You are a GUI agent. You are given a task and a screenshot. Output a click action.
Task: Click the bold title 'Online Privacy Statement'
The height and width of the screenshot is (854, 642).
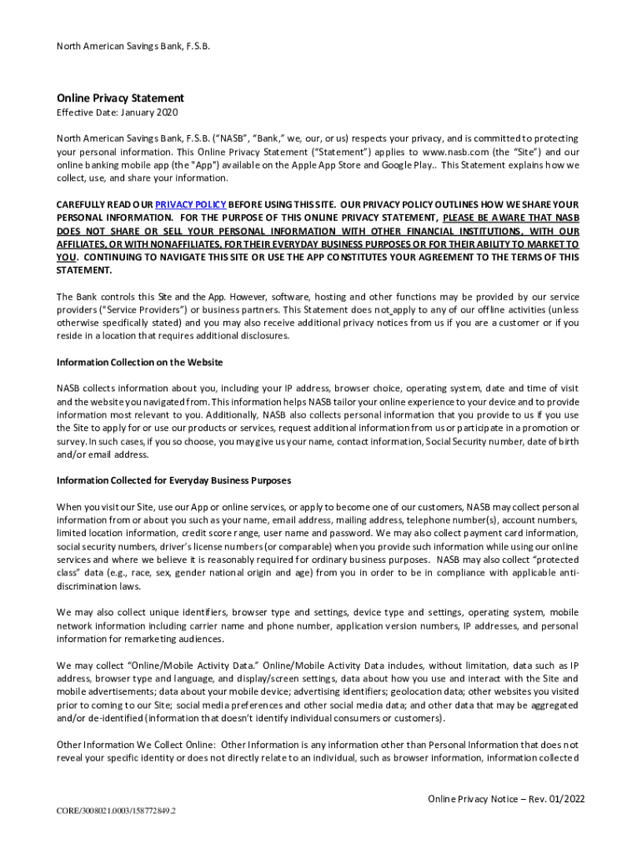pyautogui.click(x=120, y=98)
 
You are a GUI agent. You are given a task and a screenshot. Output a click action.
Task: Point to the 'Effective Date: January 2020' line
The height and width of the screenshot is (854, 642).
pyautogui.click(x=117, y=113)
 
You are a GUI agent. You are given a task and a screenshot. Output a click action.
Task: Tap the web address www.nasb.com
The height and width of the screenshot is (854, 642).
pyautogui.click(x=457, y=152)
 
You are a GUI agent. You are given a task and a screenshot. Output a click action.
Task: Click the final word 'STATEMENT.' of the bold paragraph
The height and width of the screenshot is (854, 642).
pyautogui.click(x=83, y=270)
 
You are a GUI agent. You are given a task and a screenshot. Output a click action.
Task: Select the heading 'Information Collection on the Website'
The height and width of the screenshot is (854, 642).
pyautogui.click(x=139, y=362)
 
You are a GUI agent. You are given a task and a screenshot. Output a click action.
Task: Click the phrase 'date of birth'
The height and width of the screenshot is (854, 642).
pyautogui.click(x=554, y=441)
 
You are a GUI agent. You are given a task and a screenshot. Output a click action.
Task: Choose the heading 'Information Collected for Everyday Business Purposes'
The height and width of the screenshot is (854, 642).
pyautogui.click(x=173, y=480)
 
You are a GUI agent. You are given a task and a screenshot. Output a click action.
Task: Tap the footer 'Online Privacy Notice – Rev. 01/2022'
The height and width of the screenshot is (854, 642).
pyautogui.click(x=506, y=799)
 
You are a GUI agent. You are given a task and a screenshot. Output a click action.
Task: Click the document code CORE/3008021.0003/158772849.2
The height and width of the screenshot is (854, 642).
pyautogui.click(x=116, y=810)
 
